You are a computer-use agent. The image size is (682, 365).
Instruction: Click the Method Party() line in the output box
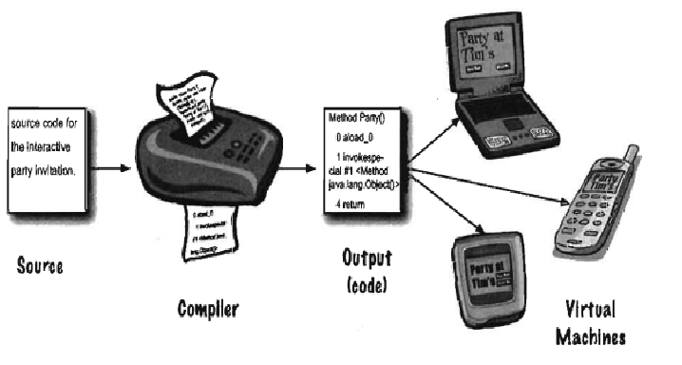(x=355, y=121)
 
